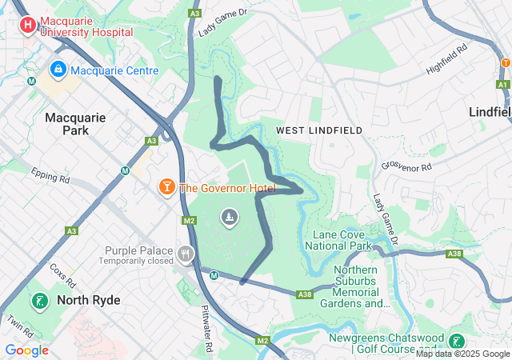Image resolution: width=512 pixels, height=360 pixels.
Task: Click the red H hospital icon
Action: (28, 26)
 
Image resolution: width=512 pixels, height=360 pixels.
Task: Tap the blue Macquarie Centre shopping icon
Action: (58, 70)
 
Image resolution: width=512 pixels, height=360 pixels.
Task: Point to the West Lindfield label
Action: (319, 130)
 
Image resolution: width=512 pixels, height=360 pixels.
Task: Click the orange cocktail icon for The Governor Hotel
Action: (166, 188)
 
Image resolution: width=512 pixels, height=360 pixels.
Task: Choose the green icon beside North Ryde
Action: (38, 301)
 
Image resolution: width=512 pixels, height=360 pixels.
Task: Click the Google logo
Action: (26, 350)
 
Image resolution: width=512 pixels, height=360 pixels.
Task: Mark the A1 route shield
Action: (502, 84)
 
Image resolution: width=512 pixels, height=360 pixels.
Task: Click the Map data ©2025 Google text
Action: (463, 354)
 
